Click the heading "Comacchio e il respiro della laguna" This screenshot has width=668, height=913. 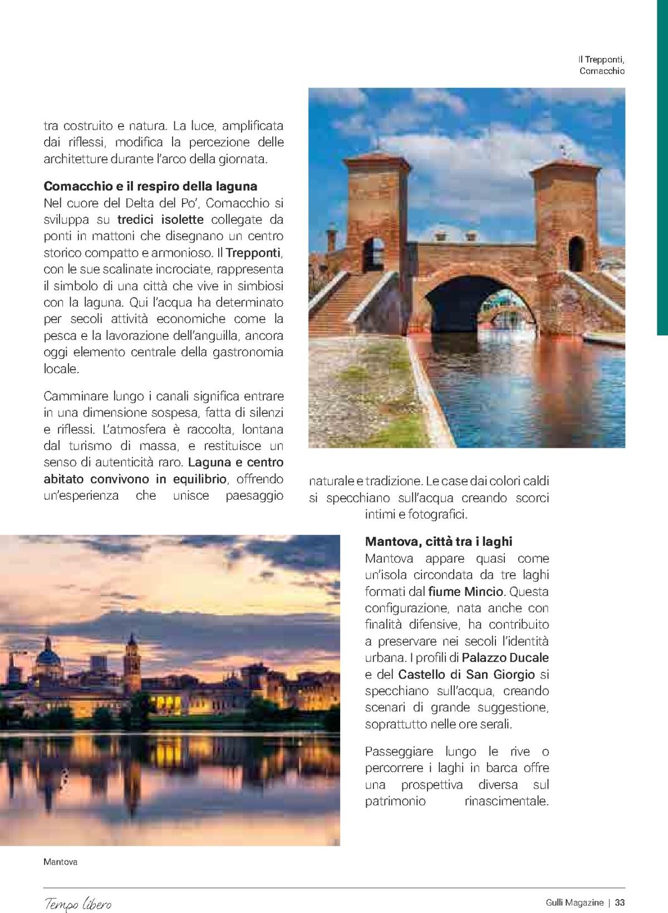(x=150, y=185)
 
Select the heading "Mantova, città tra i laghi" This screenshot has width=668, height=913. (x=438, y=541)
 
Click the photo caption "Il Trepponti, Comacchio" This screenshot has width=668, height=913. (x=601, y=65)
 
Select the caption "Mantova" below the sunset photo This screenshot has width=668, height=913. (x=60, y=862)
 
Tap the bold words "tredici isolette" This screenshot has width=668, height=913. (x=160, y=219)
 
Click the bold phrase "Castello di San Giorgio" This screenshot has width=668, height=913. (x=466, y=674)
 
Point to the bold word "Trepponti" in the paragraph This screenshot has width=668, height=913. (x=255, y=252)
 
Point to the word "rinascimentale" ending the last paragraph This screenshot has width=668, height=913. (x=506, y=802)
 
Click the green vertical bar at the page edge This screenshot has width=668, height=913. (x=662, y=167)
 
